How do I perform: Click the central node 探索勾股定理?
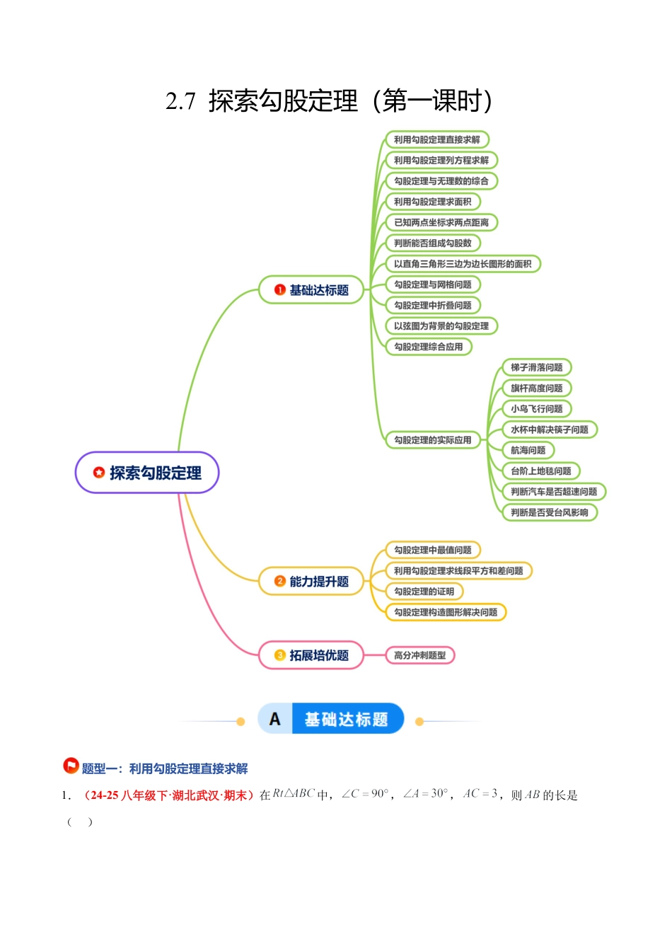(x=147, y=473)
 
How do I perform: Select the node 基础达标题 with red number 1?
(x=311, y=290)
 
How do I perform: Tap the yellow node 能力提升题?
(x=311, y=582)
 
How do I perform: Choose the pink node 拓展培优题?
(x=311, y=655)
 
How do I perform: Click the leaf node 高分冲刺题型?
(x=419, y=655)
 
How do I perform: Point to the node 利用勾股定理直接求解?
(x=436, y=140)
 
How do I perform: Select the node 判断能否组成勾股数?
(x=432, y=243)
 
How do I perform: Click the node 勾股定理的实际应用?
(x=432, y=440)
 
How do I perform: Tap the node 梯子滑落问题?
(x=536, y=367)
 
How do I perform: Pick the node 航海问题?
(x=528, y=450)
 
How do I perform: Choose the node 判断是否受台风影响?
(x=549, y=512)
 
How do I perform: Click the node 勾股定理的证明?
(x=424, y=592)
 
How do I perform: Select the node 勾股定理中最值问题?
(x=432, y=550)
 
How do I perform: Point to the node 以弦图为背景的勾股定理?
(x=441, y=326)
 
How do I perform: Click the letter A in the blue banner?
(x=275, y=720)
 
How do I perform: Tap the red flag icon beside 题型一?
(x=71, y=766)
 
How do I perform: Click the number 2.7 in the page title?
(x=180, y=102)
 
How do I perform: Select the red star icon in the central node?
(x=99, y=472)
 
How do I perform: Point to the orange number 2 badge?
(x=279, y=581)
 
